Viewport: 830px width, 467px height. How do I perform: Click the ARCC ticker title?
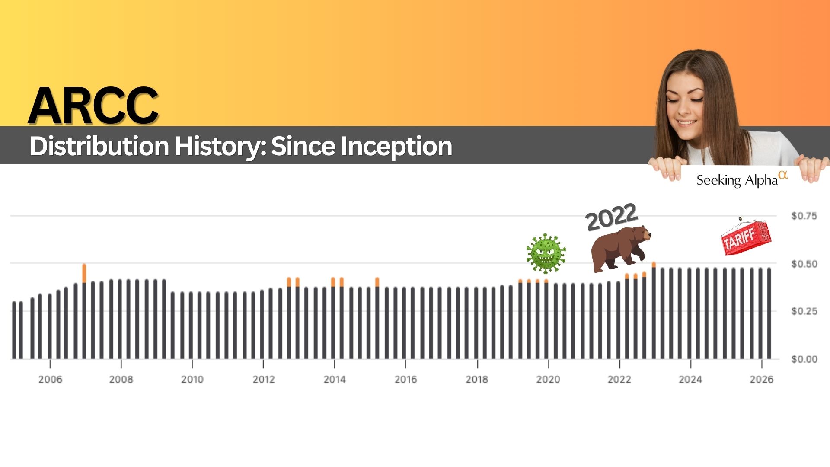tap(93, 106)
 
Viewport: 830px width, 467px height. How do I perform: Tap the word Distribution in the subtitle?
tap(99, 146)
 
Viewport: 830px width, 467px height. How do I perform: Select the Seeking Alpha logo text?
tap(742, 179)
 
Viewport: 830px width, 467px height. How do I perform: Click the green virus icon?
tap(546, 254)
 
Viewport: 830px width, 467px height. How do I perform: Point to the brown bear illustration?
tap(621, 249)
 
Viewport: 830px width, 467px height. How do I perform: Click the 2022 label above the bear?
tap(612, 217)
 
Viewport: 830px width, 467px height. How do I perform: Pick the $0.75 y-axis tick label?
tap(804, 216)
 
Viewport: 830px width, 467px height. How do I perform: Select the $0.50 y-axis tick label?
tap(804, 264)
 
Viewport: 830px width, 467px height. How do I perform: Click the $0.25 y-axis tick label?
tap(804, 311)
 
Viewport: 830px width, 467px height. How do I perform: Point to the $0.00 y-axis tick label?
tap(804, 359)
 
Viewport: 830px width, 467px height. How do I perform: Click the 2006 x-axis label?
tap(50, 380)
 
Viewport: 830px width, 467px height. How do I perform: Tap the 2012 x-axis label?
tap(264, 380)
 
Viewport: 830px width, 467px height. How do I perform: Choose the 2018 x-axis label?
tap(477, 380)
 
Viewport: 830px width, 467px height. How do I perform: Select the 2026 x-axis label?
tap(762, 380)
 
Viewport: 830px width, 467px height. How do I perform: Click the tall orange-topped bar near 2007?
tap(84, 311)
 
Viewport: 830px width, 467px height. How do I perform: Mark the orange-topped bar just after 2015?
tap(377, 318)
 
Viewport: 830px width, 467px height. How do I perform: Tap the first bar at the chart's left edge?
tap(14, 330)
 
